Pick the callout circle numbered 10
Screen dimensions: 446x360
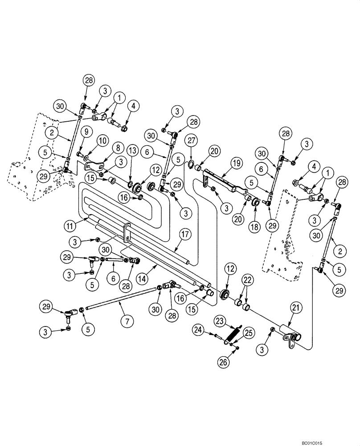pos(102,141)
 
